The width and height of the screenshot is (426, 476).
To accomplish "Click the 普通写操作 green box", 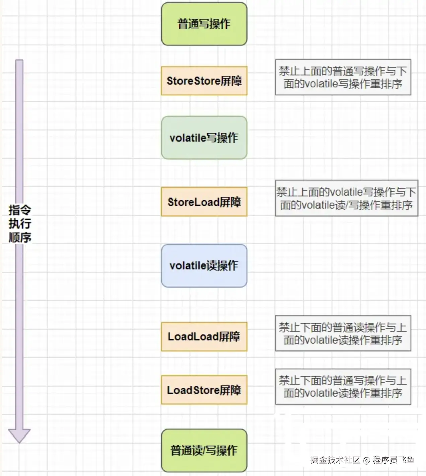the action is (204, 24).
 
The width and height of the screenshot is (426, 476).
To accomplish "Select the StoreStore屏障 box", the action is (204, 81).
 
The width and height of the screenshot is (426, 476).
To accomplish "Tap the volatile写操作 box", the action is (204, 138).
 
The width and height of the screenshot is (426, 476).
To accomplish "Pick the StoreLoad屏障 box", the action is (204, 202).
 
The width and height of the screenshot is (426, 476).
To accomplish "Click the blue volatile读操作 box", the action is (204, 266).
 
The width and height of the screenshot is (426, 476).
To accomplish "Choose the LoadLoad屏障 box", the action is (204, 337).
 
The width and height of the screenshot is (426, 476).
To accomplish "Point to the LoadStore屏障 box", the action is (204, 390).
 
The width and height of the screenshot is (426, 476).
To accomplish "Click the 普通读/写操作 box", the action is (204, 450).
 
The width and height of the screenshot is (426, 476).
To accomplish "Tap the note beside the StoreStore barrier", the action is (343, 77).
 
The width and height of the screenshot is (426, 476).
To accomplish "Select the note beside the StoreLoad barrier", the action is (347, 198).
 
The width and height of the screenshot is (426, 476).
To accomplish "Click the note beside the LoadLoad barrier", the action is (343, 333).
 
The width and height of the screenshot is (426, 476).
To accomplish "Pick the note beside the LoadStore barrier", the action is (343, 387).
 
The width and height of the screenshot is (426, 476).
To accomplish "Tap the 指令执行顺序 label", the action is (20, 223).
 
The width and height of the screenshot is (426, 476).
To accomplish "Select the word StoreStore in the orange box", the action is (193, 81).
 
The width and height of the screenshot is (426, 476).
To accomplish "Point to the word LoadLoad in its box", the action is (193, 337).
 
